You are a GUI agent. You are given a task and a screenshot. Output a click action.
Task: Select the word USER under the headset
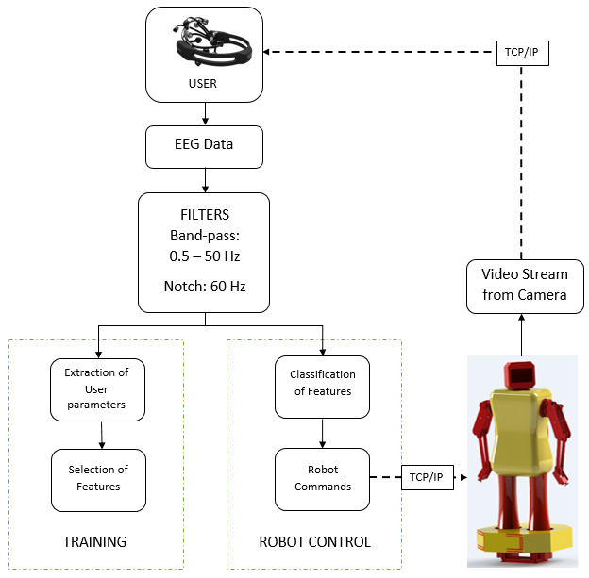click(x=204, y=84)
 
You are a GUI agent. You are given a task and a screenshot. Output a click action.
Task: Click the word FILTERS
click(x=204, y=215)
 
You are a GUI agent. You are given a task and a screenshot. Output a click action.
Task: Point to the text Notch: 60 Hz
click(x=204, y=286)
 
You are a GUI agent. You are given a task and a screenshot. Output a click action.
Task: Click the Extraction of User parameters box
click(x=98, y=389)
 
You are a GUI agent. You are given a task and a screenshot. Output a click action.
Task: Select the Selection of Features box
click(x=98, y=478)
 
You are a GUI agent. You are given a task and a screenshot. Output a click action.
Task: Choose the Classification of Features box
click(x=323, y=383)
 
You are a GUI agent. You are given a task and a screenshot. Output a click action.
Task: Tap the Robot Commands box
click(x=323, y=478)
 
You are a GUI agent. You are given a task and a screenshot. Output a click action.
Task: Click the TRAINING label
click(x=94, y=542)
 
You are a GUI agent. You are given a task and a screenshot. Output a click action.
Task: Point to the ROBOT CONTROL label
click(x=314, y=542)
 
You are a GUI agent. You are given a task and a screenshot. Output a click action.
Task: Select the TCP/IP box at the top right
click(x=522, y=53)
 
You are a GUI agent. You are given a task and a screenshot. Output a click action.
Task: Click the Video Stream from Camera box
click(x=525, y=285)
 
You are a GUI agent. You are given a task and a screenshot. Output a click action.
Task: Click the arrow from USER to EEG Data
click(x=205, y=114)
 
